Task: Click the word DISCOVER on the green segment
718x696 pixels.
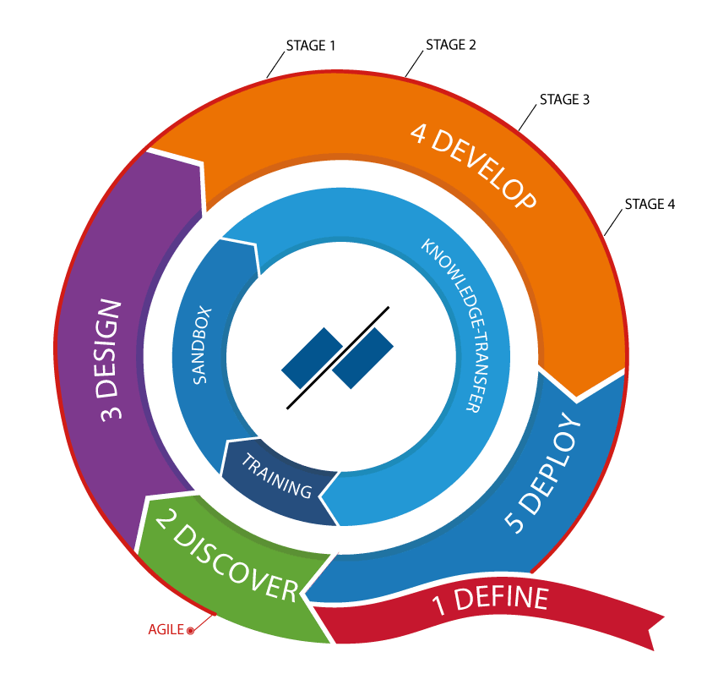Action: tap(240, 565)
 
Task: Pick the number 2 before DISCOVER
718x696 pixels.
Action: tap(166, 529)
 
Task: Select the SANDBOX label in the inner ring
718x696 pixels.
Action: tap(201, 345)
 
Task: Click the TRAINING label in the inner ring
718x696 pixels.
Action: tap(276, 476)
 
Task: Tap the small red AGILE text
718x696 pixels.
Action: tap(166, 629)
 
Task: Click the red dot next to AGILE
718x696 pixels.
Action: tap(190, 630)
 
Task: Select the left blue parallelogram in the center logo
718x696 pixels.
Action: tap(312, 358)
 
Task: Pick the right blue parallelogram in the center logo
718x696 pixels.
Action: tap(363, 358)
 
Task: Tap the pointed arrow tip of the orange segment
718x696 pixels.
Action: tap(578, 396)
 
